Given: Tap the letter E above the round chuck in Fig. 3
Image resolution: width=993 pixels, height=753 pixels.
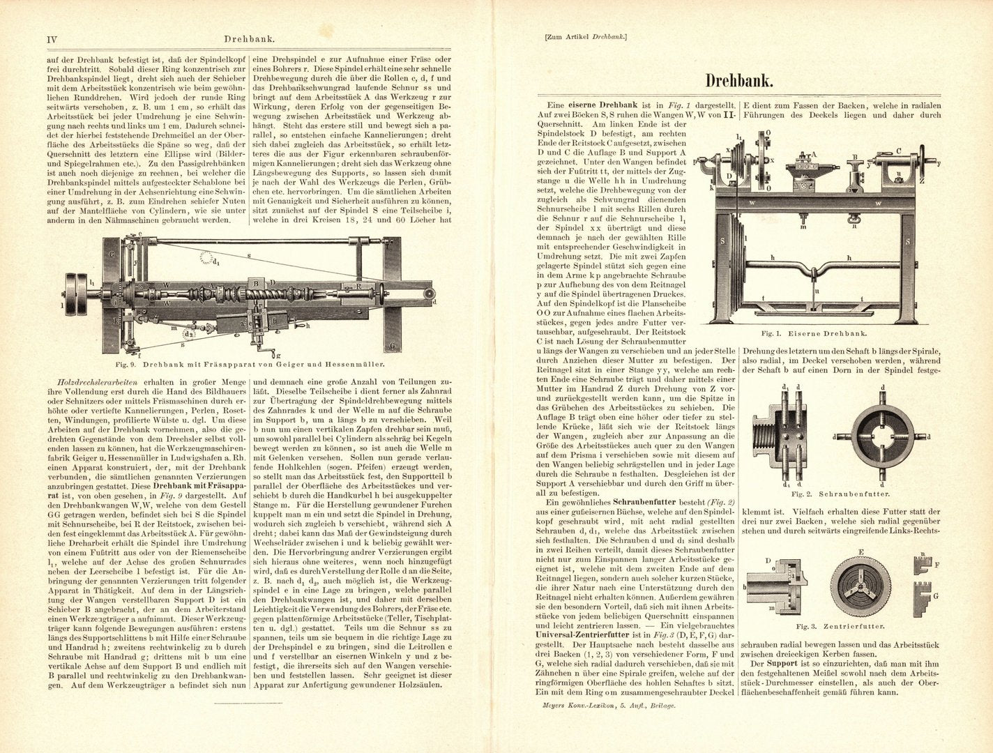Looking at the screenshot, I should pyautogui.click(x=861, y=552).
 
